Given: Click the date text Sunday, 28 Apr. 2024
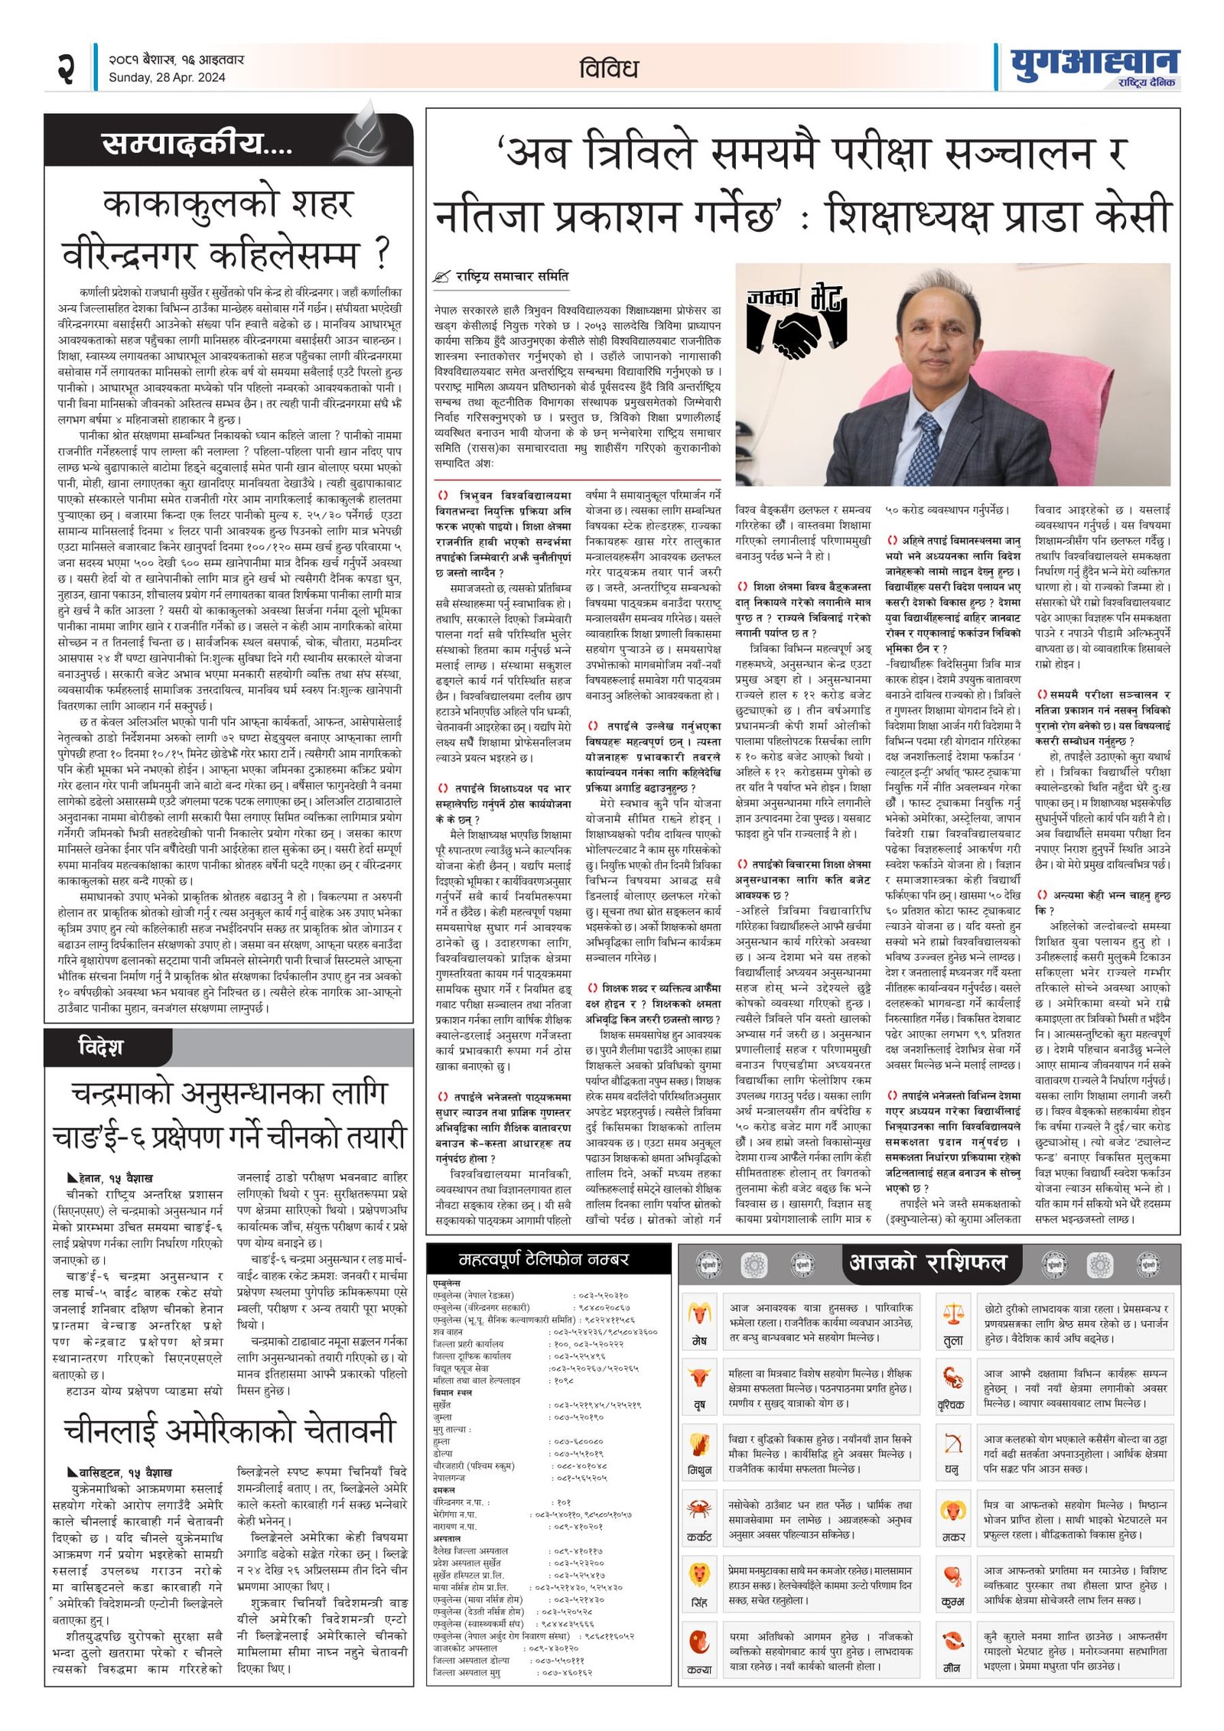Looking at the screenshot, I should tap(167, 77).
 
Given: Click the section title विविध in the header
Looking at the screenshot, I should tap(609, 69).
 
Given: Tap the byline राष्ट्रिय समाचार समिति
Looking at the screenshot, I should tap(512, 276).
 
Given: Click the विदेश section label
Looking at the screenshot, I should tap(100, 1046).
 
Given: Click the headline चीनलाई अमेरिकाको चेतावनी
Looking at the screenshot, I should tap(229, 1430).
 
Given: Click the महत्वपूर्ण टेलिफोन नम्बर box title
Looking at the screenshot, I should tap(544, 1258).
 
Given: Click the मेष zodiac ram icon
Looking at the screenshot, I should tap(698, 1314).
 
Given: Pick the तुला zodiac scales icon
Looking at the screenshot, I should tap(953, 1314).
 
